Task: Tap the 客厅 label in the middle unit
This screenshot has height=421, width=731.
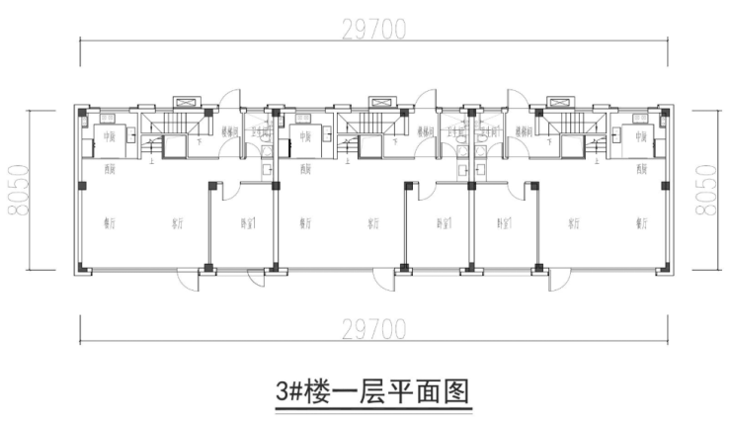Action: pyautogui.click(x=374, y=223)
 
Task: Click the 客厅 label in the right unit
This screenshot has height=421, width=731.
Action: pyautogui.click(x=573, y=223)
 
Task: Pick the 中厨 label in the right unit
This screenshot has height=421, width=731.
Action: pyautogui.click(x=641, y=137)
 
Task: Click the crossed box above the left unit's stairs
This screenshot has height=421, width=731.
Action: pyautogui.click(x=187, y=101)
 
